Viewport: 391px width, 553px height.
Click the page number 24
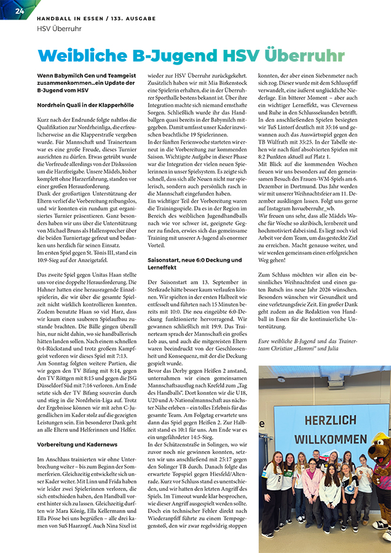click(20, 11)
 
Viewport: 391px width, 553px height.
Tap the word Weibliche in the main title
click(83, 55)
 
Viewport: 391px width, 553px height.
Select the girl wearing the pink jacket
click(310, 485)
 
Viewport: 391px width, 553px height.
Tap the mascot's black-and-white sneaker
click(382, 525)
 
